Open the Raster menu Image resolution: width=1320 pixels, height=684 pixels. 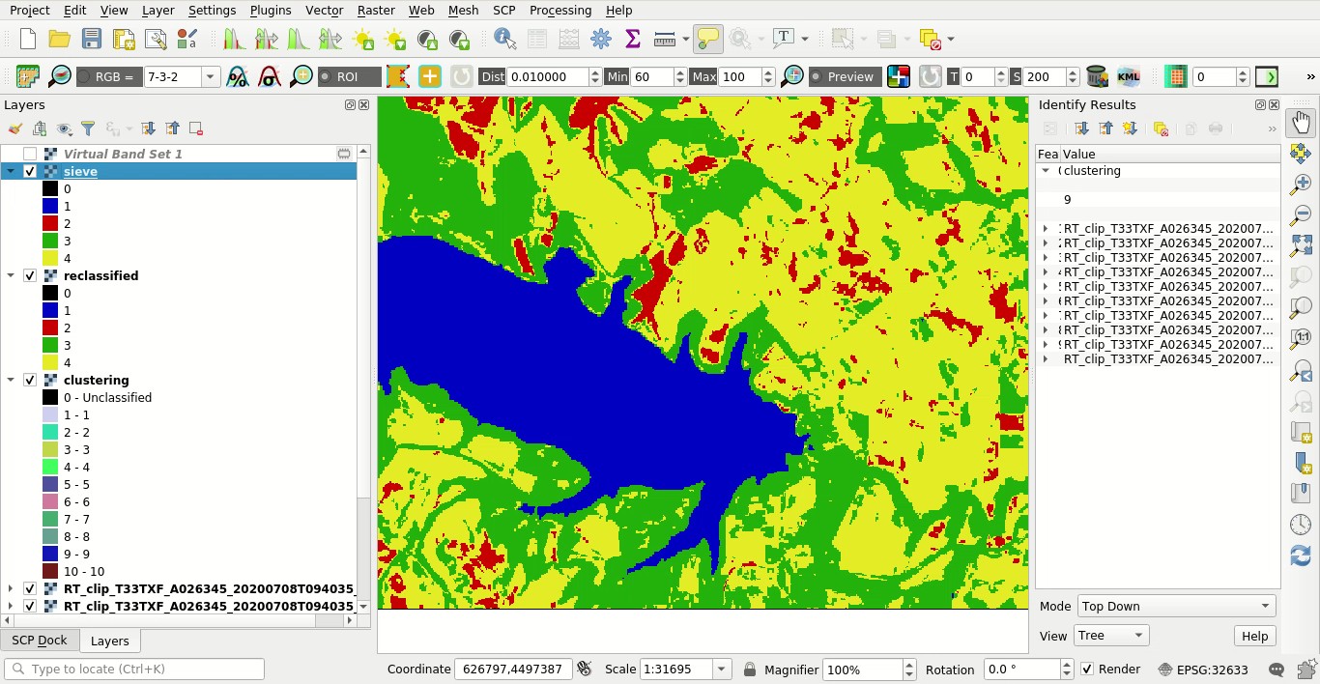click(375, 10)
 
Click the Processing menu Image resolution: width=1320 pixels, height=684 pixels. click(560, 10)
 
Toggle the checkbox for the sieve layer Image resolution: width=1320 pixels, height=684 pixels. click(30, 171)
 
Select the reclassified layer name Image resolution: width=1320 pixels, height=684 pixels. click(100, 275)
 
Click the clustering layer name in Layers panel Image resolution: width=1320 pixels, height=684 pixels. click(96, 380)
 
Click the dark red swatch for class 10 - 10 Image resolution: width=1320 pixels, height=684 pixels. click(50, 571)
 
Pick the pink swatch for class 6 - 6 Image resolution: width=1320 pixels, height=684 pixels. click(50, 501)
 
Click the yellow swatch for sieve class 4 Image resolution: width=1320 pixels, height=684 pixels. click(50, 258)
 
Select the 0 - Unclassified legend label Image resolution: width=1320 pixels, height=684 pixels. click(107, 397)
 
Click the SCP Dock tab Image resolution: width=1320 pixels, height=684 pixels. click(40, 640)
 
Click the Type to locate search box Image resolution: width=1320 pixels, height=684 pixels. click(135, 669)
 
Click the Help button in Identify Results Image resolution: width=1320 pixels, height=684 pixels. click(1254, 636)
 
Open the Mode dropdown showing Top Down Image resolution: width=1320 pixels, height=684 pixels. click(1175, 606)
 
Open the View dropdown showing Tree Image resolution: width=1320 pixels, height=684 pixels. click(1110, 636)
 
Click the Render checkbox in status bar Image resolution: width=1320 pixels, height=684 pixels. click(1088, 669)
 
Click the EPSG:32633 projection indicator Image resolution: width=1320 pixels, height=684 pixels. click(1203, 670)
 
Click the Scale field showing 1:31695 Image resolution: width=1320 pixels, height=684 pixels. click(674, 669)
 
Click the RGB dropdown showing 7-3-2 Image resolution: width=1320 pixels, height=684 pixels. click(181, 76)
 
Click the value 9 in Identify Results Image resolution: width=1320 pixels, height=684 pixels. click(1067, 199)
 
